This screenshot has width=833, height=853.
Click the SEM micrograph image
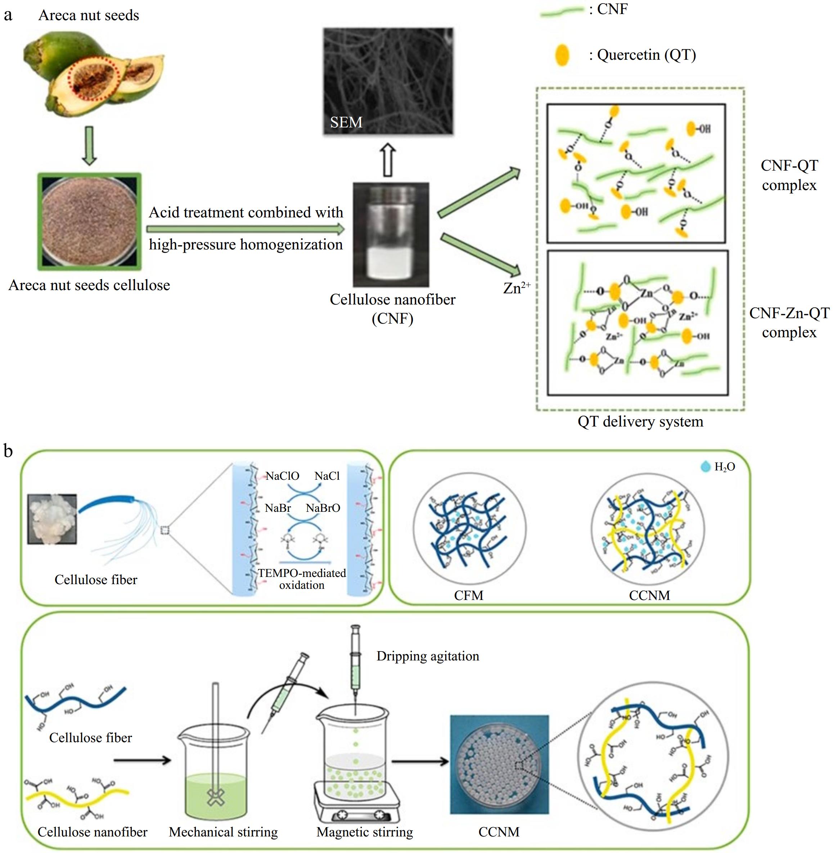(388, 81)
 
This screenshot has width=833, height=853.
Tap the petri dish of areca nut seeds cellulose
(90, 221)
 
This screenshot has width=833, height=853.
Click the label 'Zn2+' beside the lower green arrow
(516, 288)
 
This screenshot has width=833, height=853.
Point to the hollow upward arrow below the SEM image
(388, 160)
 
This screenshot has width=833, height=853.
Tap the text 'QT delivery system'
(640, 421)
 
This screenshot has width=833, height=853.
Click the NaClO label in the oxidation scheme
(282, 476)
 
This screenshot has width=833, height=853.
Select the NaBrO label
(323, 508)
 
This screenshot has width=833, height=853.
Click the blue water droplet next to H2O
(705, 467)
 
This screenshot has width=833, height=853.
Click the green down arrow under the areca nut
(89, 146)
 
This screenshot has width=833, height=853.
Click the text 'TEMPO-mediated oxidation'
(302, 579)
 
